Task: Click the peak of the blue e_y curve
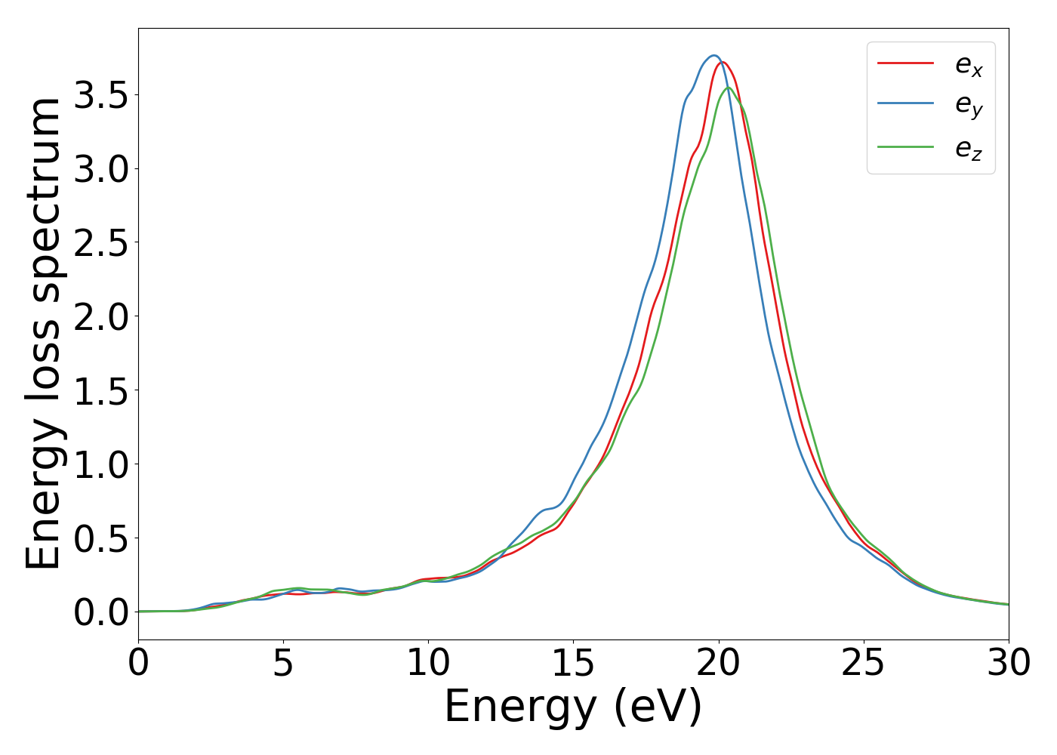(x=713, y=55)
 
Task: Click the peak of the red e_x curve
(x=723, y=62)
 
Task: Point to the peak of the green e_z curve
(x=729, y=88)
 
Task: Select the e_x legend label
(x=969, y=65)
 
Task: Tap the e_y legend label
(x=969, y=106)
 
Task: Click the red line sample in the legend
(x=905, y=63)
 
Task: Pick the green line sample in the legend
(x=905, y=146)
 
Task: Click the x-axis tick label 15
(x=573, y=664)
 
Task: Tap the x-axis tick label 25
(x=863, y=664)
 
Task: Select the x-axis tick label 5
(x=283, y=664)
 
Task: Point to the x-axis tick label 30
(x=1009, y=664)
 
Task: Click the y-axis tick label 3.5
(x=101, y=95)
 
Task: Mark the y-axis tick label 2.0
(x=101, y=317)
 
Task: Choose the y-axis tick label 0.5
(x=101, y=539)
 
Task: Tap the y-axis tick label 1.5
(x=101, y=391)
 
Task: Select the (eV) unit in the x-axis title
(x=658, y=708)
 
